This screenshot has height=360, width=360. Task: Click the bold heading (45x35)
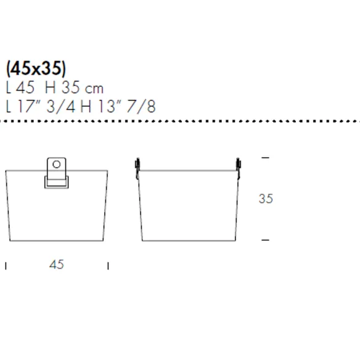[x=36, y=68]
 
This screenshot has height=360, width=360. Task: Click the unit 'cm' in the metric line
[x=94, y=88]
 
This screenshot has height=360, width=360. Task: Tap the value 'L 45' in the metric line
[x=20, y=88]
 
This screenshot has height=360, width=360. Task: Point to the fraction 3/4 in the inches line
[x=60, y=106]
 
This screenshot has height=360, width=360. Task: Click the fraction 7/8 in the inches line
[x=141, y=106]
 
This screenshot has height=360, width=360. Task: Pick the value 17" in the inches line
[x=29, y=106]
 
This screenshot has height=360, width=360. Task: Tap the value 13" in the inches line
[x=109, y=106]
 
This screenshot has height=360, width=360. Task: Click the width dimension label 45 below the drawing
[x=57, y=264]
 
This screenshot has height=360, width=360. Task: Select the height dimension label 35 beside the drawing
[x=266, y=198]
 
